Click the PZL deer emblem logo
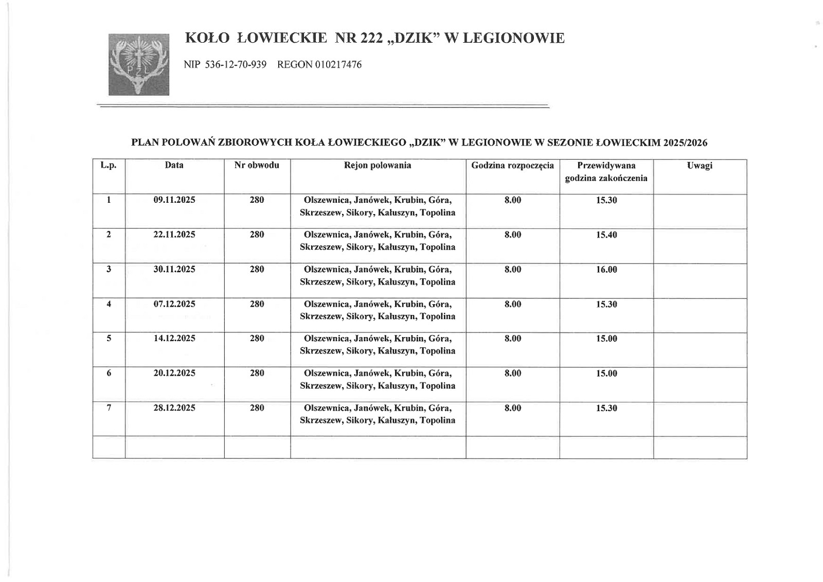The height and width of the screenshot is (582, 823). [139, 64]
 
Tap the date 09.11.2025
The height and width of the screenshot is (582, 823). [174, 200]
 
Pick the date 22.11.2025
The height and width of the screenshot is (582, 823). [174, 235]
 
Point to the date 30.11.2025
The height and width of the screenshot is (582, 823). [174, 269]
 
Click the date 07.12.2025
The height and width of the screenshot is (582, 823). [174, 304]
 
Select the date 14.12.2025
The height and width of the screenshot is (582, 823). [174, 339]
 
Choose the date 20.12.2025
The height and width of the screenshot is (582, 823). [174, 373]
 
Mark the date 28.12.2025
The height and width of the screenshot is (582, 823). [174, 408]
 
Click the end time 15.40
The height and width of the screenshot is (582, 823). [606, 235]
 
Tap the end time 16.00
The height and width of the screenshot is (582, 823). [606, 270]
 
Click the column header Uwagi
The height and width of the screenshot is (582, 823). [700, 166]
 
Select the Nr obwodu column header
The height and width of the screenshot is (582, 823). [257, 165]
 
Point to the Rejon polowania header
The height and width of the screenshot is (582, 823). [378, 165]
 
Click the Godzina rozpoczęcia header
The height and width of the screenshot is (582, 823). [512, 166]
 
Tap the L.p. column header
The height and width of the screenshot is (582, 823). [109, 165]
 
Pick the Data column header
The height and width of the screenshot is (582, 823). [174, 165]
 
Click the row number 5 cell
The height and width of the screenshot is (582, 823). [109, 339]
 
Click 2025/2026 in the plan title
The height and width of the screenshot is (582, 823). [685, 143]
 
